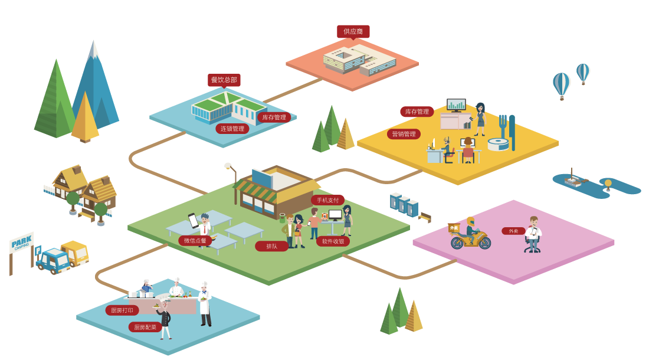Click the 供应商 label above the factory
click(x=353, y=31)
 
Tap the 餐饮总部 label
click(x=224, y=80)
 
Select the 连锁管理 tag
click(x=232, y=129)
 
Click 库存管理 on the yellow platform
click(x=417, y=112)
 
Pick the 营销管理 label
click(x=404, y=134)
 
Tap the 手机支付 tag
click(x=327, y=200)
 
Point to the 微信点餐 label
click(x=195, y=241)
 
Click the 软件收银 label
click(x=333, y=241)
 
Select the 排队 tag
click(x=271, y=246)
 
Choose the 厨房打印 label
click(x=122, y=310)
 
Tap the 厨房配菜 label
click(x=145, y=327)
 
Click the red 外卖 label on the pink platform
click(x=513, y=231)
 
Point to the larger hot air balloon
click(x=562, y=84)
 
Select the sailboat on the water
click(x=572, y=178)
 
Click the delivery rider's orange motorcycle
click(x=471, y=238)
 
